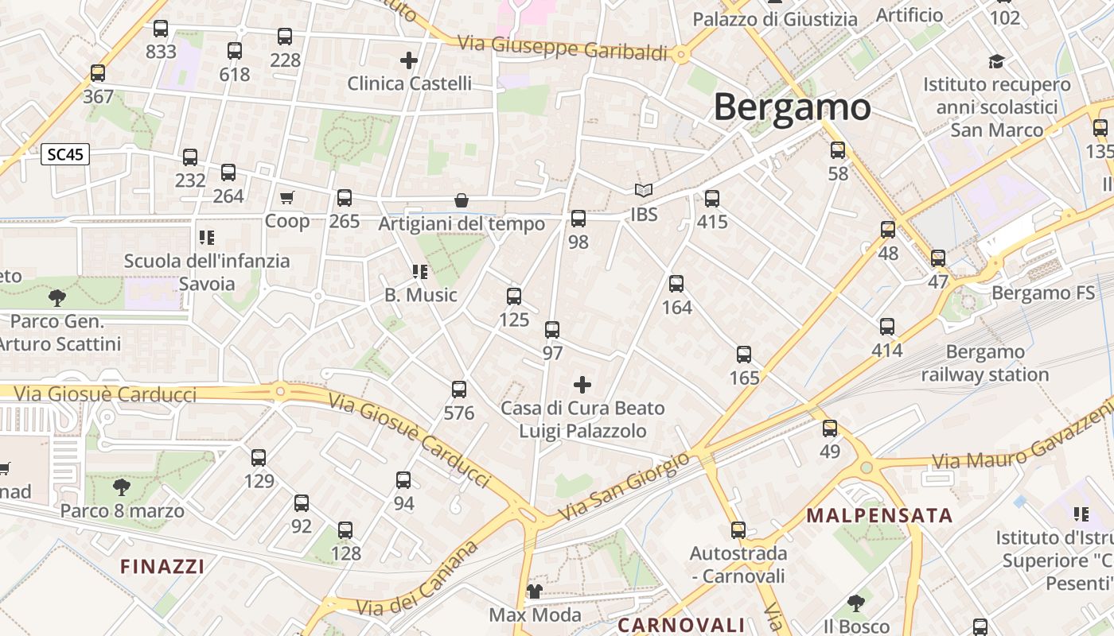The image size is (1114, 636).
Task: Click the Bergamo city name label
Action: click(792, 107)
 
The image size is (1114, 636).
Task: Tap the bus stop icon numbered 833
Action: click(161, 29)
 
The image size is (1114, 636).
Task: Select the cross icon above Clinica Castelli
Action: click(409, 60)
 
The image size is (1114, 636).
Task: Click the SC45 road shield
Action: click(65, 155)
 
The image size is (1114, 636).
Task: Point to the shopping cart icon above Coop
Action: click(286, 197)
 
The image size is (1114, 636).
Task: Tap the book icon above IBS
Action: click(644, 191)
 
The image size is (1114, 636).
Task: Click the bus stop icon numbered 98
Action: click(578, 219)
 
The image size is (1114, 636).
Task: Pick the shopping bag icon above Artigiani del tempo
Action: click(461, 200)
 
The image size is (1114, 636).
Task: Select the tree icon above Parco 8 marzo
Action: click(122, 487)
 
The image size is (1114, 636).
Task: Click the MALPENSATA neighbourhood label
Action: click(879, 515)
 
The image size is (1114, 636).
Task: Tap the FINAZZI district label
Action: click(162, 567)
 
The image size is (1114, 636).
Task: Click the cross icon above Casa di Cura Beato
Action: click(582, 386)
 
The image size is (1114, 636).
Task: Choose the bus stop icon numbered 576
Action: click(459, 390)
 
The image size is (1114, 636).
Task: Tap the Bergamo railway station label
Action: click(985, 363)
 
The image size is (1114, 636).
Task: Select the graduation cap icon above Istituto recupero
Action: click(996, 61)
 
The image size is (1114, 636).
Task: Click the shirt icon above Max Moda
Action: click(535, 591)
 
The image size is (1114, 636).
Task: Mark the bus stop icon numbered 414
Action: click(887, 327)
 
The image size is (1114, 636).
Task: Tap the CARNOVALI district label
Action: click(681, 625)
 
